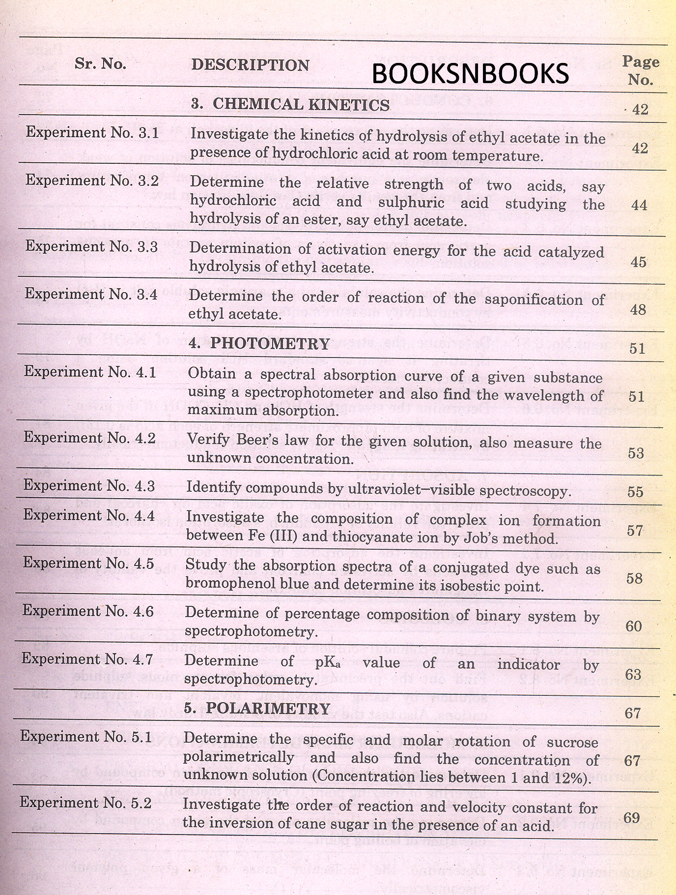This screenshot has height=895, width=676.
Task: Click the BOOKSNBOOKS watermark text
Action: click(x=470, y=74)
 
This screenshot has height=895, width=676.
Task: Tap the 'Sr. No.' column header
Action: click(x=100, y=64)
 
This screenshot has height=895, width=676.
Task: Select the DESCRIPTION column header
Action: click(x=250, y=65)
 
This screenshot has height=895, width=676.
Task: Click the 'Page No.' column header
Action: click(x=641, y=70)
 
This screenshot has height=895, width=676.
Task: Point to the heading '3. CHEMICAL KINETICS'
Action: click(x=290, y=104)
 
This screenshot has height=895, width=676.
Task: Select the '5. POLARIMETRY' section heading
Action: click(x=260, y=709)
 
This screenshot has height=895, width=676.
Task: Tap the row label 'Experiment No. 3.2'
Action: click(x=92, y=180)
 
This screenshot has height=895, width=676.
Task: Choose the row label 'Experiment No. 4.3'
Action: click(x=89, y=486)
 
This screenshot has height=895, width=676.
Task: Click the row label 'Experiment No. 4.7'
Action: click(x=88, y=659)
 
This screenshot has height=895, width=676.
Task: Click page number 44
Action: click(x=639, y=205)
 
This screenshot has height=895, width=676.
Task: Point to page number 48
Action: click(x=638, y=310)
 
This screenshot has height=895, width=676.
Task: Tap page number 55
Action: click(x=636, y=492)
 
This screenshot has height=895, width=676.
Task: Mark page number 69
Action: click(x=632, y=817)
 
